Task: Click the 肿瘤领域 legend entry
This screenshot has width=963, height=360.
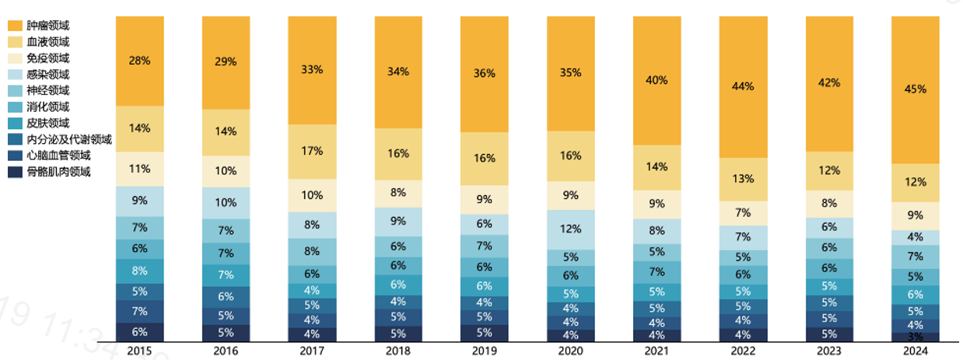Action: pos(47,26)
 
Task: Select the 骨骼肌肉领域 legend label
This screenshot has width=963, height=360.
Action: pos(58,172)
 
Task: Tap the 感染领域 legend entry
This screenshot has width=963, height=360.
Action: pos(47,75)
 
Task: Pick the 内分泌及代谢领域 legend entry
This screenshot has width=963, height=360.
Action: pos(69,140)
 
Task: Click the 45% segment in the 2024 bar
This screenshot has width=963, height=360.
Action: pos(915,89)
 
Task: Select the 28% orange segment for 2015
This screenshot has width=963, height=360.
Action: pos(140,61)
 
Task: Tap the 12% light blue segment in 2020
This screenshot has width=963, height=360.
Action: pos(570,229)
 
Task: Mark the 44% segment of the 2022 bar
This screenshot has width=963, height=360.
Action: pos(743,86)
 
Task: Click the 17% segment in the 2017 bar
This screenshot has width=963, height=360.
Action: pos(312,152)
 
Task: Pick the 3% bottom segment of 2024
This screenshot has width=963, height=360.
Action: pos(915,337)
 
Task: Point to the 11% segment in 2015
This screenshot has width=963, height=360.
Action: pos(140,169)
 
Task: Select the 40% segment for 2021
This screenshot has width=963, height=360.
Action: pos(657,81)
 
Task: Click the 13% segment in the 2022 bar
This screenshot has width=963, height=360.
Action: pos(743,179)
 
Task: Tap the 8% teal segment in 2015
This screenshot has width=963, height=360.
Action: pos(140,271)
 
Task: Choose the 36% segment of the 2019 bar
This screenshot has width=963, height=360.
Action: pos(484,74)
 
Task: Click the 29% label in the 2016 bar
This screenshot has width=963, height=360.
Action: pos(226,62)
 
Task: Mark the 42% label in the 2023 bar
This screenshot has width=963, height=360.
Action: pos(829,84)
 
